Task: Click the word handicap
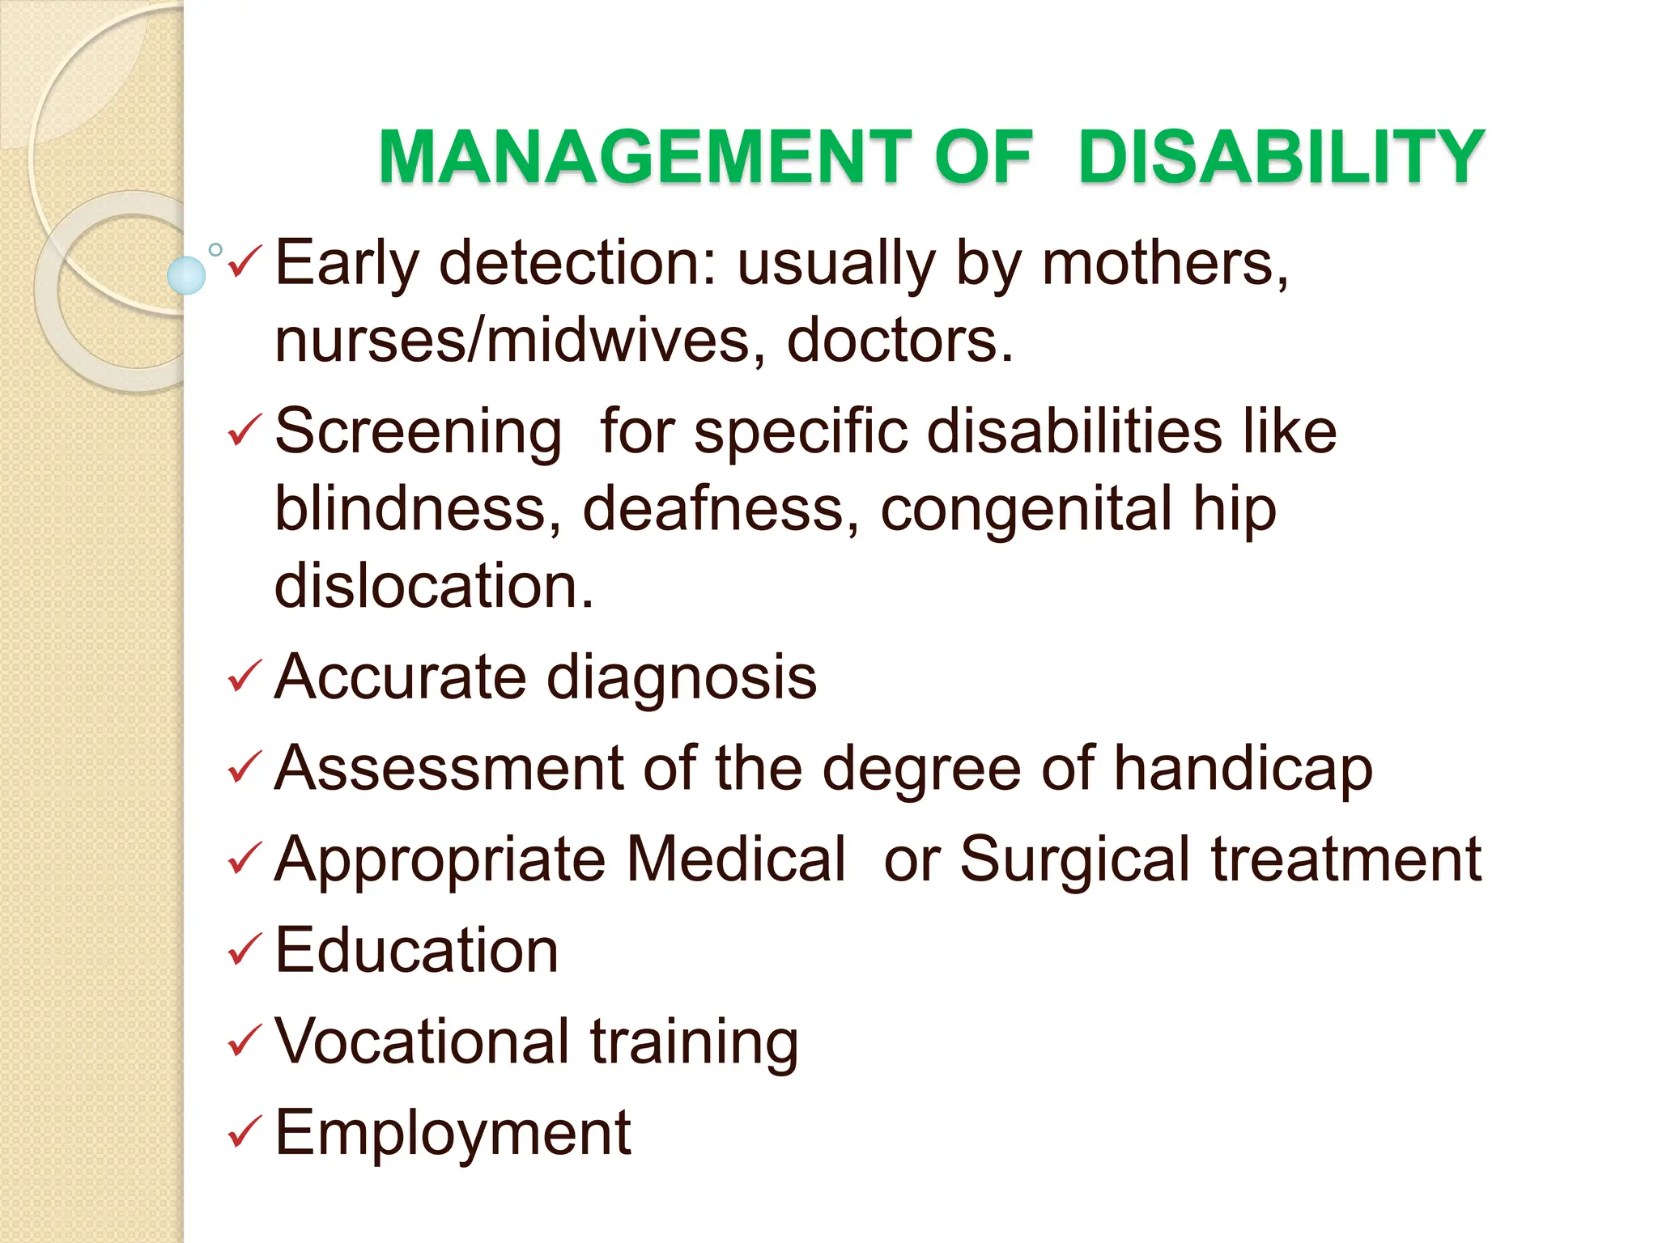1243,769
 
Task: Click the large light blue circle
186,275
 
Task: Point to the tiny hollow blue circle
215,250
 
